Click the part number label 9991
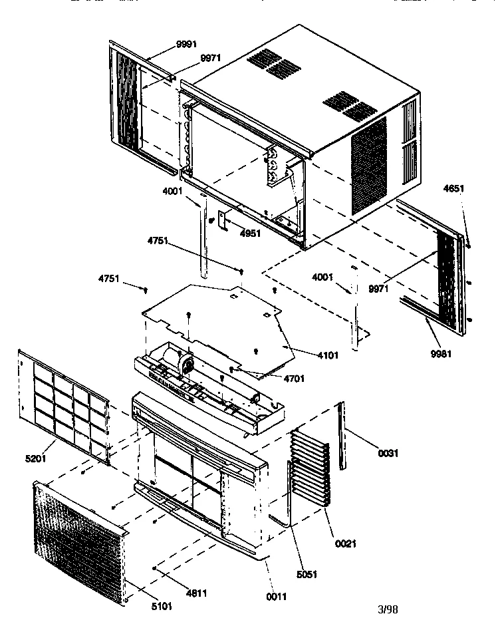[186, 45]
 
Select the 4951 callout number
[250, 234]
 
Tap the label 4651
[454, 189]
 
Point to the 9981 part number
[440, 353]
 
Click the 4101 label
[327, 355]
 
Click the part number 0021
[345, 544]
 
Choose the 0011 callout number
[277, 597]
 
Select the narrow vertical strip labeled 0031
[342, 436]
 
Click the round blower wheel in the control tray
[186, 365]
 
